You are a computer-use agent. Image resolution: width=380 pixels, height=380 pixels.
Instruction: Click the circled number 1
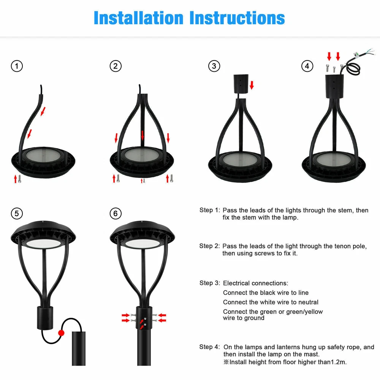[x=17, y=66]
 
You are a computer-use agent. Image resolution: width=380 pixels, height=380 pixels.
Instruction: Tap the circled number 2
[x=116, y=66]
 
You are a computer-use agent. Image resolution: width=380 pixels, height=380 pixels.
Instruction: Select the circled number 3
[x=214, y=66]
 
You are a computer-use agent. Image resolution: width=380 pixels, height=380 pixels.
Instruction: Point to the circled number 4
[x=307, y=66]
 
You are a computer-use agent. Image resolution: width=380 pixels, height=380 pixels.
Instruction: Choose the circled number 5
[x=17, y=214]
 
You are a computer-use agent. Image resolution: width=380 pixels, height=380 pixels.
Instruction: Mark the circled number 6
[x=116, y=214]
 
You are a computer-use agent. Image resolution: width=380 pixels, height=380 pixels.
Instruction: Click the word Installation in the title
[x=138, y=18]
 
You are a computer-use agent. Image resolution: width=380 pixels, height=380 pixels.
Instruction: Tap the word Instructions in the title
[x=237, y=18]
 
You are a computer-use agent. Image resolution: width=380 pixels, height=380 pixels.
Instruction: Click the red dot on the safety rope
[x=61, y=333]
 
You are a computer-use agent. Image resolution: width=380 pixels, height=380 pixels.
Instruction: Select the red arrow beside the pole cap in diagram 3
[x=252, y=85]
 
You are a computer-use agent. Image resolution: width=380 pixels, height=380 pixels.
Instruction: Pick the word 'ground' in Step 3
[x=254, y=318]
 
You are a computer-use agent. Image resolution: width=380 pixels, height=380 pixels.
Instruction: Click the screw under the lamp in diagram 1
[x=20, y=179]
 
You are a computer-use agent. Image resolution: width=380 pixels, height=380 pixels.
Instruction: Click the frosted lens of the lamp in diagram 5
[x=43, y=244]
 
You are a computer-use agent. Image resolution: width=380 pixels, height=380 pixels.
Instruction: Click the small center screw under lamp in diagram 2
[x=144, y=181]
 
